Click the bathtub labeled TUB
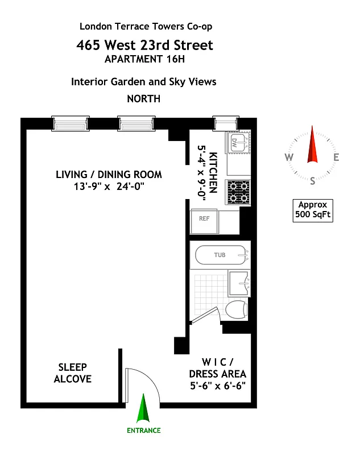click(x=221, y=255)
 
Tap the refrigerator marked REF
click(x=203, y=218)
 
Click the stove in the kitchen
click(x=237, y=191)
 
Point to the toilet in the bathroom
click(x=237, y=311)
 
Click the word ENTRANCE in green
click(x=143, y=431)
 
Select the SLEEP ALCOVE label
click(x=73, y=373)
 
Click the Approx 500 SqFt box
click(x=312, y=210)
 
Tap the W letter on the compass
click(x=289, y=158)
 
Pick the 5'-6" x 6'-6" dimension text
click(x=218, y=386)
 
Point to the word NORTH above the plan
click(x=143, y=98)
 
